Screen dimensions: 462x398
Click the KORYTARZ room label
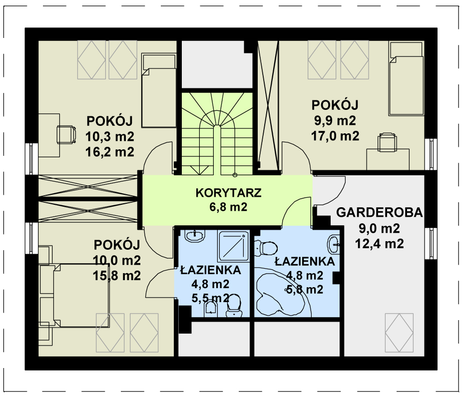tap(228, 193)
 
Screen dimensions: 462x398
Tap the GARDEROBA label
tap(380, 212)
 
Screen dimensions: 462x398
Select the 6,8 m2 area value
tap(228, 207)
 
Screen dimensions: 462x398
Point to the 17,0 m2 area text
tap(335, 136)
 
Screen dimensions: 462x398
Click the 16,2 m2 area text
tap(110, 152)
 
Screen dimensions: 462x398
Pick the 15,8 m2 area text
tap(117, 276)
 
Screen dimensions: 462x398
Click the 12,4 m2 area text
tap(380, 244)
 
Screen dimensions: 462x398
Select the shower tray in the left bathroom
tap(234, 246)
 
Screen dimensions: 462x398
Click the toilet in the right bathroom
tap(266, 248)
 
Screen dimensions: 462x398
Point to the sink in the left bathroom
tap(195, 235)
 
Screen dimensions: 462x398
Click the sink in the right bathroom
tap(334, 244)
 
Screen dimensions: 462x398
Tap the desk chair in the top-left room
tap(66, 135)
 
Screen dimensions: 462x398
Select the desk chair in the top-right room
tap(387, 142)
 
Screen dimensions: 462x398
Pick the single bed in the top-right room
tap(407, 78)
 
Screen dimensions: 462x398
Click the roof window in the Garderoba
tap(399, 333)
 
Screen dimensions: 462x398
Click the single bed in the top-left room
tap(159, 90)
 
